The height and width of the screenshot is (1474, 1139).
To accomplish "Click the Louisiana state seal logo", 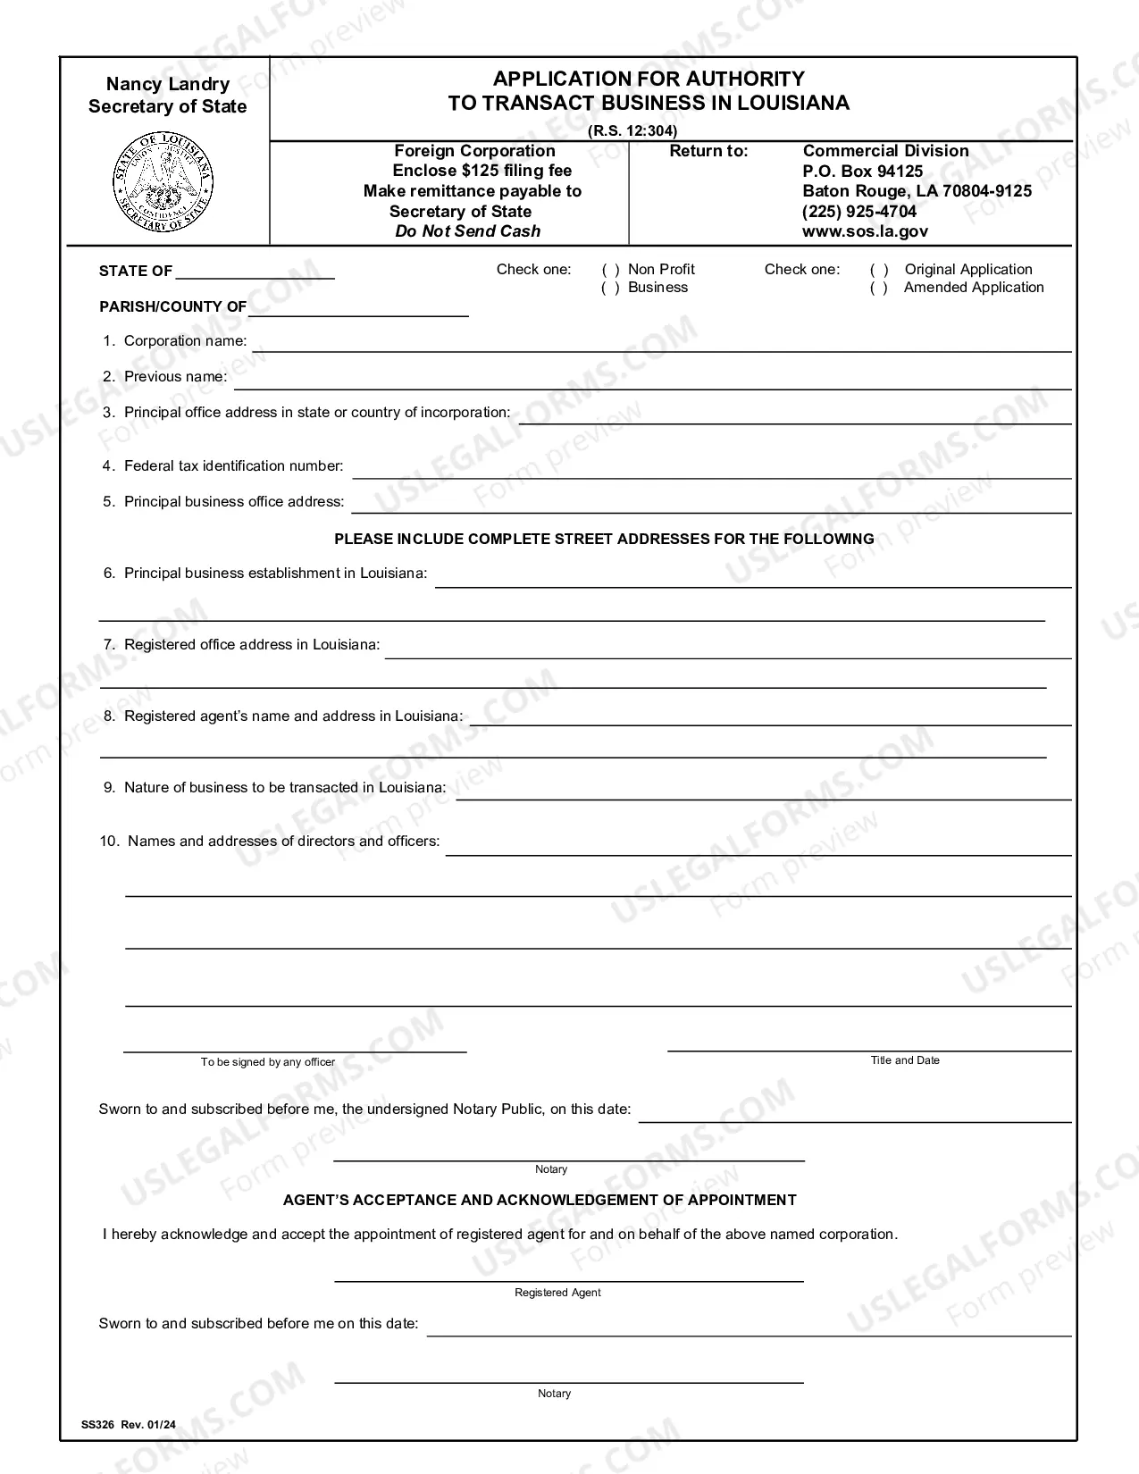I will (x=164, y=182).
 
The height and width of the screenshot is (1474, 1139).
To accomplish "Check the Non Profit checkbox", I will (x=611, y=270).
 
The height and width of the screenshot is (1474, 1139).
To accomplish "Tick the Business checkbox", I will (x=611, y=288).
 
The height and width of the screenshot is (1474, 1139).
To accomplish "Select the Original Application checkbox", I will (x=879, y=270).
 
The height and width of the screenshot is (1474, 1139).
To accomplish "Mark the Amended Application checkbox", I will (x=879, y=288).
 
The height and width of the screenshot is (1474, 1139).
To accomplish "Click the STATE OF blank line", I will (x=255, y=272).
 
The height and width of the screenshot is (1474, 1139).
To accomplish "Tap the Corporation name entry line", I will (x=661, y=343).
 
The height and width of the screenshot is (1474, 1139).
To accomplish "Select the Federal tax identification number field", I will (x=711, y=469).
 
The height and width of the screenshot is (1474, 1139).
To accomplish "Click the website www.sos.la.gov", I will (x=865, y=231).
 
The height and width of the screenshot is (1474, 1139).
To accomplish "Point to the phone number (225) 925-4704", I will (x=859, y=212).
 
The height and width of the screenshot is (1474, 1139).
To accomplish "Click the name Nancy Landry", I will (x=168, y=84).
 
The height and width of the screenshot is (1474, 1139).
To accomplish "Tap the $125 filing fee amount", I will (x=482, y=171).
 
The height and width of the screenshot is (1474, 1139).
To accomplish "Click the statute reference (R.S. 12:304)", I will (x=632, y=130).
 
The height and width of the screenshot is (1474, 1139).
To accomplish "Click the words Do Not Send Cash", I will (x=468, y=231).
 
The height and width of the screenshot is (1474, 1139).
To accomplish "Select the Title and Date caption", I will (x=905, y=1060).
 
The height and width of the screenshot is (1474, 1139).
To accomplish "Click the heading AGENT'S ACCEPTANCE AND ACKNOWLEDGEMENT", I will (x=540, y=1201).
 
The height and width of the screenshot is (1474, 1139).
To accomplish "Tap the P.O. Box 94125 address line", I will (x=863, y=172).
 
